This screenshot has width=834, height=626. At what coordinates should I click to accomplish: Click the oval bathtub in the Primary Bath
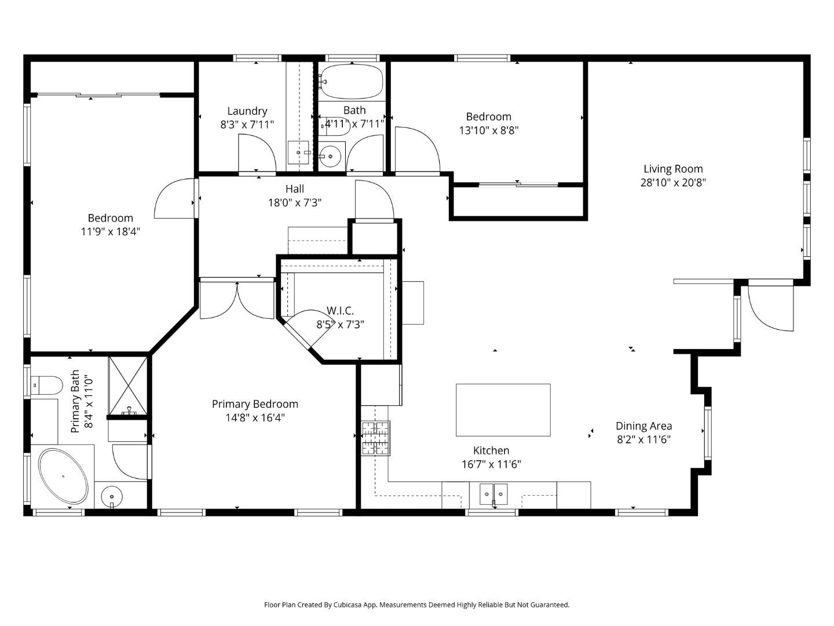tap(63, 476)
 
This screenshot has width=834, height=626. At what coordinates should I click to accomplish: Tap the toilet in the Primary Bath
tap(47, 384)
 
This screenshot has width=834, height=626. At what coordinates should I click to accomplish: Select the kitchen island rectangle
tap(503, 410)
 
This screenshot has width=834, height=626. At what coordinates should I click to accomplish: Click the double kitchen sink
tap(493, 494)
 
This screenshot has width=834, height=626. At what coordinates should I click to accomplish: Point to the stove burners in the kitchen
tap(376, 438)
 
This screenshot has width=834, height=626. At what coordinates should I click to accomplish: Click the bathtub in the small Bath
tap(352, 81)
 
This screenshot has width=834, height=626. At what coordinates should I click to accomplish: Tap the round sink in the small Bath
tap(331, 156)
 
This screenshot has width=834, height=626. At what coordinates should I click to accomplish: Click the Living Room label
tap(673, 169)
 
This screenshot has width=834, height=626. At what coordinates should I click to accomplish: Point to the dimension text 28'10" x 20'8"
tap(673, 183)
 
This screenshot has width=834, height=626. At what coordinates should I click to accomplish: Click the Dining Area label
tap(643, 426)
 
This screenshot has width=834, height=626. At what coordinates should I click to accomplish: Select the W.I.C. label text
tap(340, 311)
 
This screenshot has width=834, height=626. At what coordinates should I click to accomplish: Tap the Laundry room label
tap(247, 111)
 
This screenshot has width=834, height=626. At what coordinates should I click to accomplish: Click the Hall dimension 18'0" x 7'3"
tap(295, 202)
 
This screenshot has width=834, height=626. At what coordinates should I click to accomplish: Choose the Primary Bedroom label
tap(255, 404)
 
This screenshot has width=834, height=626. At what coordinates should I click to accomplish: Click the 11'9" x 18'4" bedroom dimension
tap(111, 232)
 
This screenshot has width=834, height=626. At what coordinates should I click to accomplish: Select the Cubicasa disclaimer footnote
tap(416, 605)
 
